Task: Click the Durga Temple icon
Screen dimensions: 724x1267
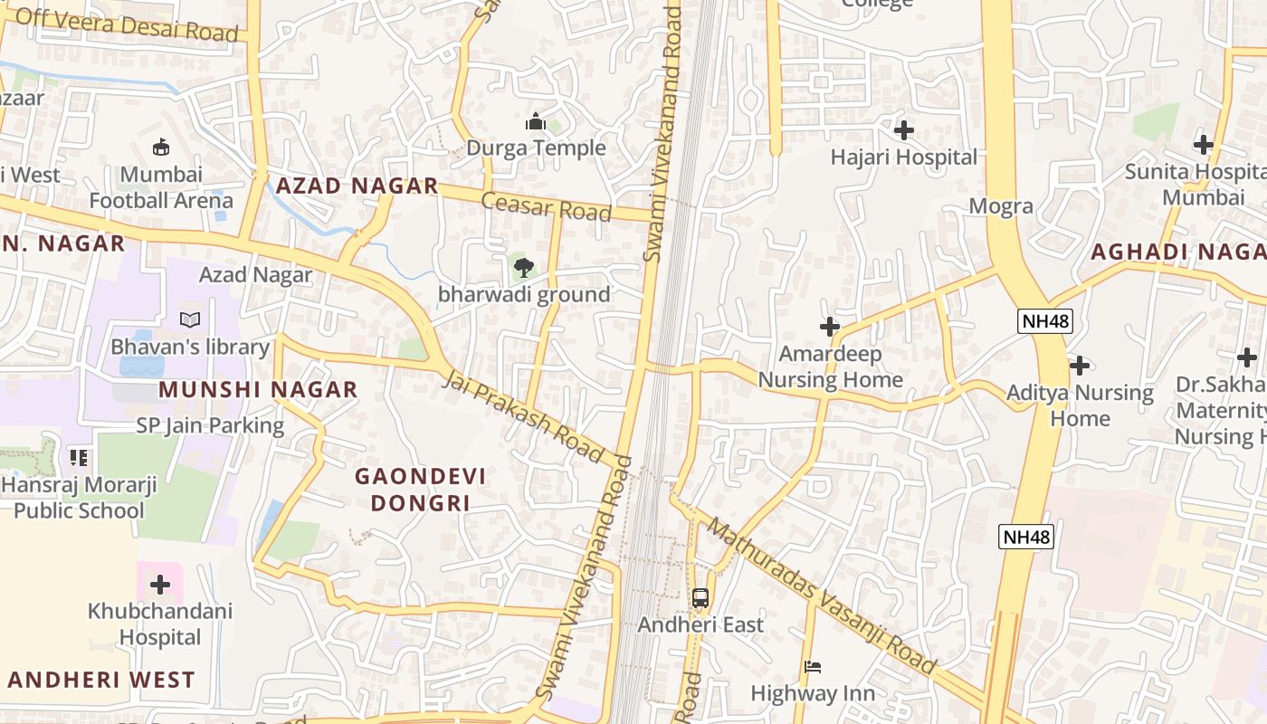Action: (x=536, y=121)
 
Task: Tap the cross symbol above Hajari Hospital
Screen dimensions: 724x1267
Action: (x=903, y=130)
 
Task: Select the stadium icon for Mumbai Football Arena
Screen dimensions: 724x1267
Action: (x=161, y=147)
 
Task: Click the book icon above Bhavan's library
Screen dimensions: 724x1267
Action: (x=190, y=319)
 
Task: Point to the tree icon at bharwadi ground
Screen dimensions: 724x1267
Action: (x=523, y=267)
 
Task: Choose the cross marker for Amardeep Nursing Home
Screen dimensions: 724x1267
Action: (x=829, y=326)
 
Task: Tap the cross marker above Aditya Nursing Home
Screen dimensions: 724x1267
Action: (x=1079, y=366)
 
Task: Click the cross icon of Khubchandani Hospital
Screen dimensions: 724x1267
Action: (x=160, y=584)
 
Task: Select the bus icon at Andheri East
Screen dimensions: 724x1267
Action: (x=700, y=597)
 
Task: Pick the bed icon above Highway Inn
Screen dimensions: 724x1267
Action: (x=812, y=667)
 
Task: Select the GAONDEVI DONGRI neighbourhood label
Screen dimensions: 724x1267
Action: (x=420, y=489)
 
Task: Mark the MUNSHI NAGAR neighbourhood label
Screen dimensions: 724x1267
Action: (x=258, y=390)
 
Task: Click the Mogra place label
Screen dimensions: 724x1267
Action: (x=1001, y=206)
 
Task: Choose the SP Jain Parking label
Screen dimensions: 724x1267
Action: (x=210, y=425)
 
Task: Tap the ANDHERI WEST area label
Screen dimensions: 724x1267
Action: (x=101, y=680)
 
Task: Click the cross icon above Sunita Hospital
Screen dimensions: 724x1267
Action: (x=1203, y=144)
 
